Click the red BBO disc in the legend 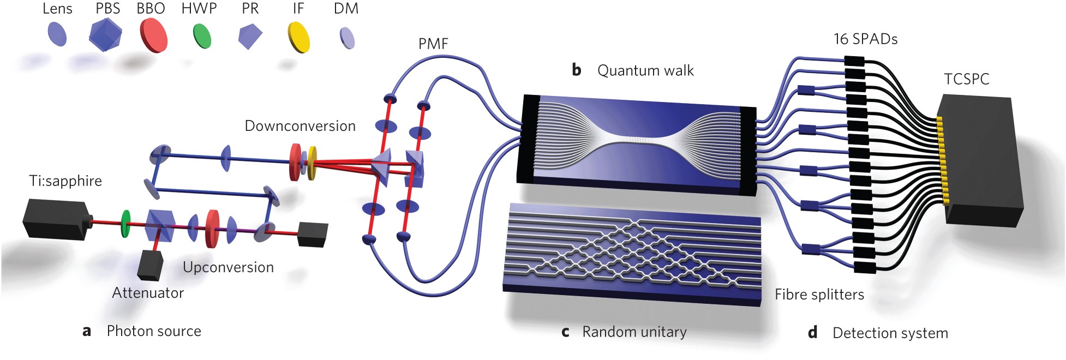153,35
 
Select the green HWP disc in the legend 202,36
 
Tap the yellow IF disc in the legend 298,37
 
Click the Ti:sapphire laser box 55,219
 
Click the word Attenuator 148,293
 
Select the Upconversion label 228,267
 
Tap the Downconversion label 300,126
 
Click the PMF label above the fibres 433,44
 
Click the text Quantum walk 645,70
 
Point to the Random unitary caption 634,332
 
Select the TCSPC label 966,79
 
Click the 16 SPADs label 865,39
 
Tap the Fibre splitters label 819,295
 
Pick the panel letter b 577,70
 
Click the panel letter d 813,333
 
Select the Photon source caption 154,331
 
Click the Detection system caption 890,333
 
